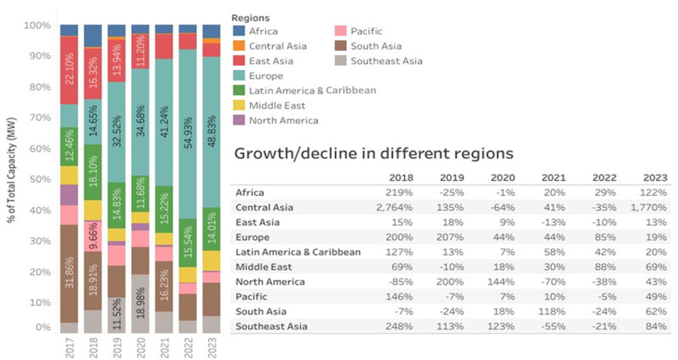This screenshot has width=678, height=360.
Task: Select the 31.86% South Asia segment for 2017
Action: (69, 273)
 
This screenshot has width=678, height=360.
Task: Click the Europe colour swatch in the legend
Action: (239, 76)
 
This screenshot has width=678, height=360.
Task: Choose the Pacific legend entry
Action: (366, 31)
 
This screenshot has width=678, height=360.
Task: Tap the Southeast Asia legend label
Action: (386, 61)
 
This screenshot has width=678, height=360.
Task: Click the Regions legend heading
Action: (251, 18)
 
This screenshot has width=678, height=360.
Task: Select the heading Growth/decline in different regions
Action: (374, 154)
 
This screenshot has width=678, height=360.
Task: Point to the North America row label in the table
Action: (270, 282)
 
